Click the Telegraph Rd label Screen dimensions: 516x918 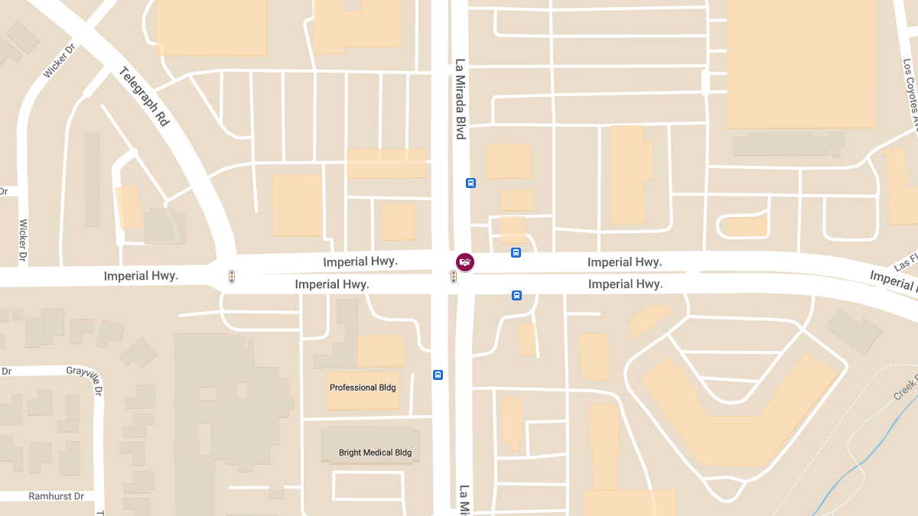coord(145,97)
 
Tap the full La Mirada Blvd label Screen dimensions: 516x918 coord(461,99)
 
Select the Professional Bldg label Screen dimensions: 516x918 coord(363,388)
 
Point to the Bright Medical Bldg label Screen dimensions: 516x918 coord(375,453)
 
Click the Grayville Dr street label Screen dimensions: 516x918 coord(84,371)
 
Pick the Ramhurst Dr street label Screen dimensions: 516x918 coord(56,496)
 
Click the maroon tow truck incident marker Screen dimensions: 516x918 coord(464,262)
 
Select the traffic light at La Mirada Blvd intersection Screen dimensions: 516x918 coord(454,277)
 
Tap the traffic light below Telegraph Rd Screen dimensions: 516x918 coord(232,277)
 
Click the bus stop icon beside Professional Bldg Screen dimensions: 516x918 coord(438,375)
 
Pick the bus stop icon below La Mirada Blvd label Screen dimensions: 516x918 coord(470,183)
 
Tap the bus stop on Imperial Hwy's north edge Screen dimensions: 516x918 coord(516,252)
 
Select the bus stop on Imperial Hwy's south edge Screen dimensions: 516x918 coord(516,295)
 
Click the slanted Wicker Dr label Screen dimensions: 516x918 coord(60,60)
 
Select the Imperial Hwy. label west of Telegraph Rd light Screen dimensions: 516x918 coord(141,276)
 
